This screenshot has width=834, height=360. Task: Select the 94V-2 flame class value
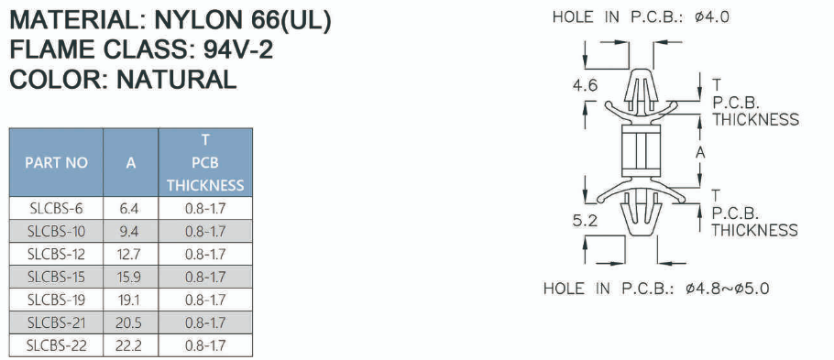[x=238, y=50]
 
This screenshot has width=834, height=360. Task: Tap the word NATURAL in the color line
[x=176, y=79]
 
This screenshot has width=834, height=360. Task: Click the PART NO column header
[x=57, y=163]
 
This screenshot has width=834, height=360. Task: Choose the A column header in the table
[x=131, y=163]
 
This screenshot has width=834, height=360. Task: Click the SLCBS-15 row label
[x=57, y=277]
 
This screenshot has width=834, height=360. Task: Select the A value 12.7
[x=129, y=254]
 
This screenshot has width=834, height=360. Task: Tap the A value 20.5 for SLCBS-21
[x=129, y=322]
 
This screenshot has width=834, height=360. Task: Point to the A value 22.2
[x=129, y=345]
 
